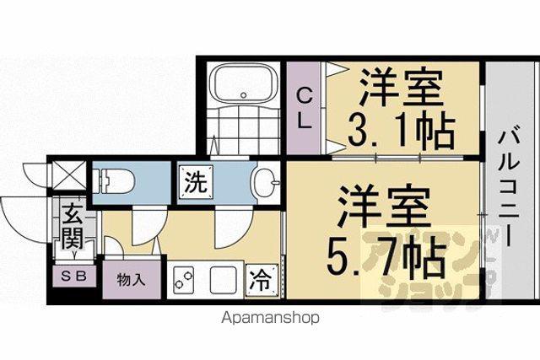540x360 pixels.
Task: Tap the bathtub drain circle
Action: tap(244, 95)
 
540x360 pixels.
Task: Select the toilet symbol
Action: tap(112, 180)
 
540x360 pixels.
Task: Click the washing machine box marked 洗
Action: tap(196, 182)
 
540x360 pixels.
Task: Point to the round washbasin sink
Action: tap(267, 182)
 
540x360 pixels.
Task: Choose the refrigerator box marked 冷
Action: tap(262, 281)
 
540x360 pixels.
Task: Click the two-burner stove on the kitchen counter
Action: tap(183, 280)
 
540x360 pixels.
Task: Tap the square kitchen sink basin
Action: tap(223, 280)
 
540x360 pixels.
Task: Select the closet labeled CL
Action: tap(304, 108)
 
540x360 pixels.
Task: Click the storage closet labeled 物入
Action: tap(132, 280)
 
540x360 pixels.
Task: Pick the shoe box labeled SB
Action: tap(74, 276)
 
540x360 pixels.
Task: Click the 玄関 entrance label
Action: tap(73, 227)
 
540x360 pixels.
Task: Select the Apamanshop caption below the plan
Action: tap(270, 317)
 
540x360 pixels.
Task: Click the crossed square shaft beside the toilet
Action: tap(68, 175)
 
